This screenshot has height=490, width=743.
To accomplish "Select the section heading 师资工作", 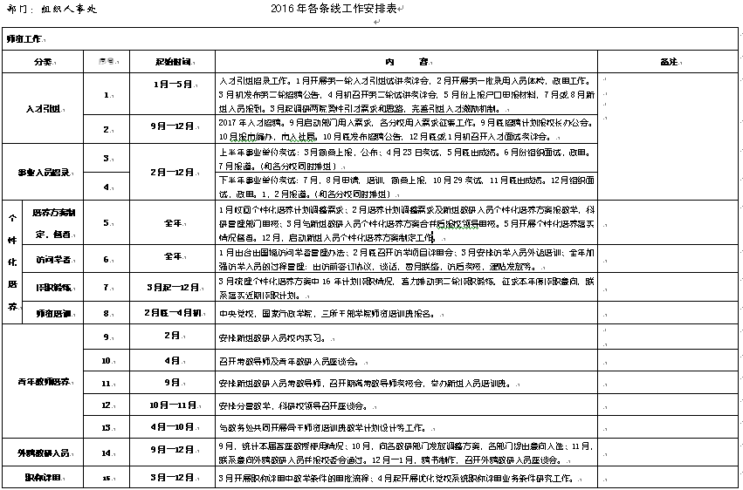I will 24,39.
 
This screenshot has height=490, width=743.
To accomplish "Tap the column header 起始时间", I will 172,62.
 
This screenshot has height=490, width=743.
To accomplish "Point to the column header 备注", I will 669,62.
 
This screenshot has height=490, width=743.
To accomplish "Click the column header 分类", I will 42,62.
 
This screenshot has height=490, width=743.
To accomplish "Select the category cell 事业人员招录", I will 42,173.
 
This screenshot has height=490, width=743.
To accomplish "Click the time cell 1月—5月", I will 172,85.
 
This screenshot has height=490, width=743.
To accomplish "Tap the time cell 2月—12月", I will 172,173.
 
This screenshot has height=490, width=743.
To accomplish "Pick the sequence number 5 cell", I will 106,222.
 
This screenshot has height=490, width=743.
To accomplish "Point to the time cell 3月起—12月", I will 172,286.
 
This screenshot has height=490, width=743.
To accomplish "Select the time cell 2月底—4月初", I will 172,312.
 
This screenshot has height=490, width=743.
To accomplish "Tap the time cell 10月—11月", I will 172,405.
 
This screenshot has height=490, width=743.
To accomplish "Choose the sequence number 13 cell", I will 106,427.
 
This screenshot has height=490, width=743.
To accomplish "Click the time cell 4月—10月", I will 172,427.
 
